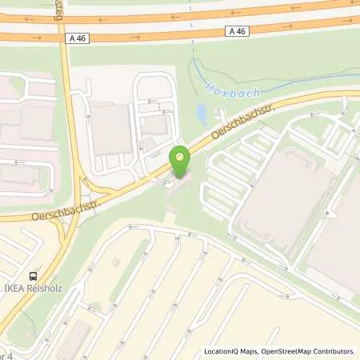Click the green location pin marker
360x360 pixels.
181,163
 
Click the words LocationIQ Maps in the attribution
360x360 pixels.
230,351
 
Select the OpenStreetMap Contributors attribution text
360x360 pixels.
306,351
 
